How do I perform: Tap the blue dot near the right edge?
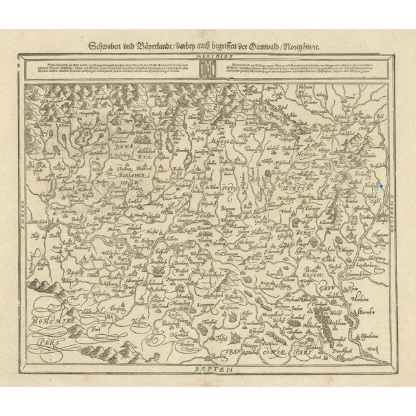(x=382, y=187)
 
